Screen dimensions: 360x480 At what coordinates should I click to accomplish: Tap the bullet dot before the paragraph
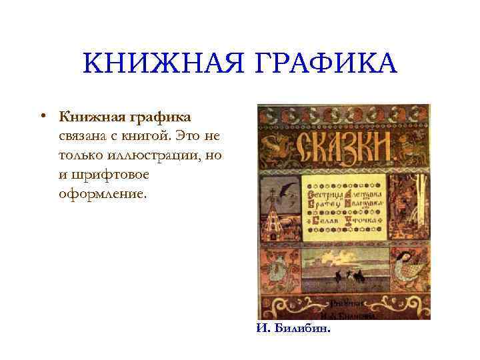(x=41, y=115)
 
